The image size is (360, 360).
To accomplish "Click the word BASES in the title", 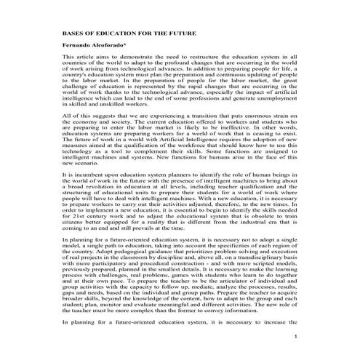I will (x=74, y=34).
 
